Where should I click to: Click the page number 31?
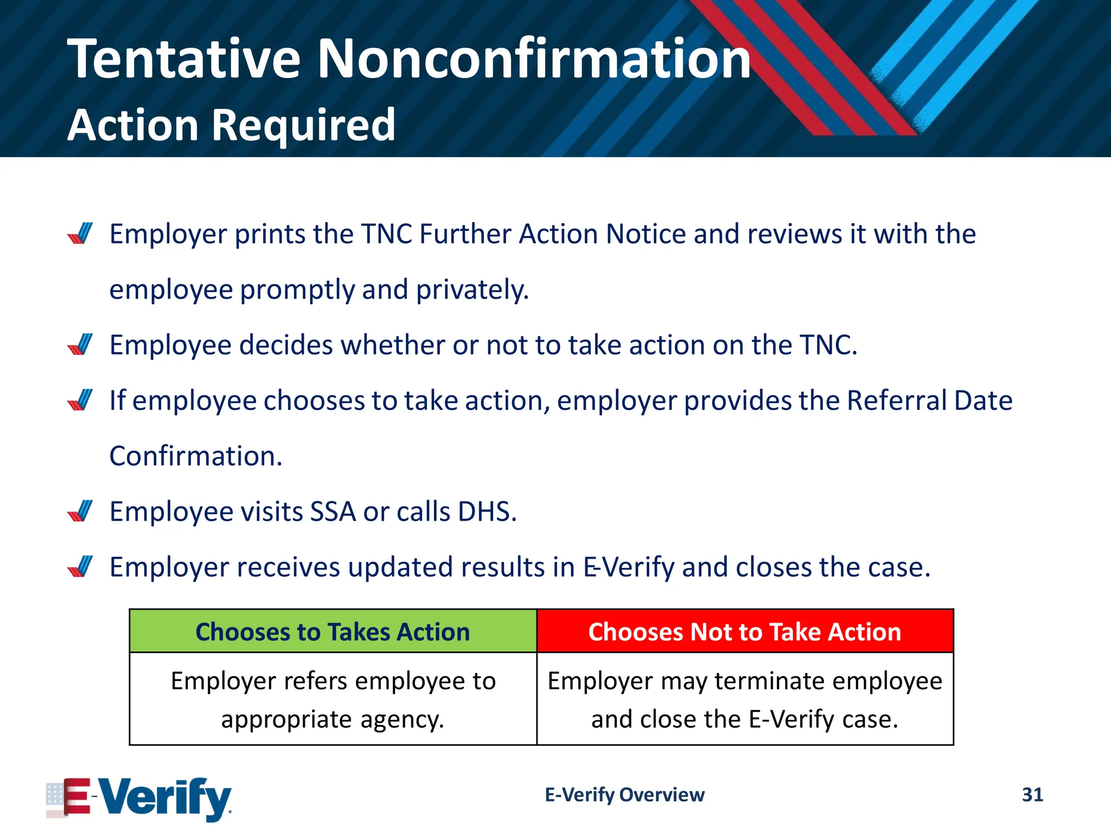coord(1032,794)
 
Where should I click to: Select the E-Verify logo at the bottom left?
coord(139,798)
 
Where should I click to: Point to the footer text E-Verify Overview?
coord(624,794)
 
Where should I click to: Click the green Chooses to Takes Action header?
coord(333,632)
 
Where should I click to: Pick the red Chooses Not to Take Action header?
coord(744,632)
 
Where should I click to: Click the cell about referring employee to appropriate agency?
coord(333,700)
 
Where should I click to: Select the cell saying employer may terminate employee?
coord(744,700)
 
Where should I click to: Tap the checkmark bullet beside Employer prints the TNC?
coord(80,234)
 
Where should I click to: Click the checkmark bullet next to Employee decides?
coord(80,345)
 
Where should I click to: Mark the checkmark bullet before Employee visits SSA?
coord(80,511)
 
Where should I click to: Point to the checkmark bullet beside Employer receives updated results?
coord(80,567)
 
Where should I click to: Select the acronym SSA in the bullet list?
coord(333,511)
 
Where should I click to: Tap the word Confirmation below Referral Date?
coord(196,456)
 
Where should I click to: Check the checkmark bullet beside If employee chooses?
coord(80,400)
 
